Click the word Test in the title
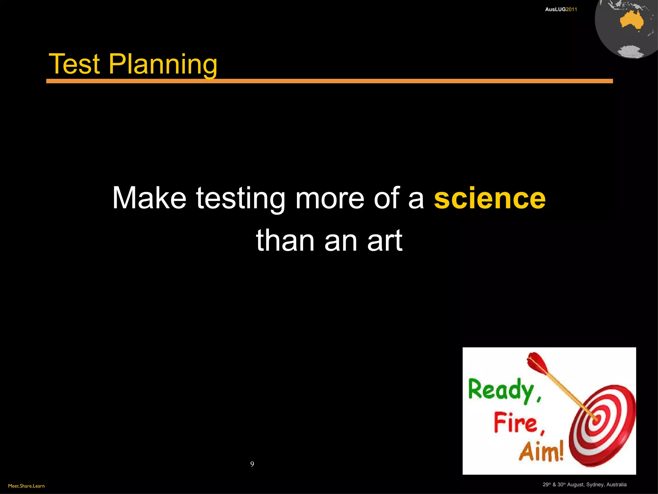pyautogui.click(x=74, y=64)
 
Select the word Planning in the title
pyautogui.click(x=163, y=65)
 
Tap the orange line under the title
pyautogui.click(x=329, y=81)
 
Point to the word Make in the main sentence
pyautogui.click(x=149, y=198)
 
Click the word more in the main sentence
pyautogui.click(x=330, y=199)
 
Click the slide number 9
pyautogui.click(x=252, y=464)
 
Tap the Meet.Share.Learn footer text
pyautogui.click(x=26, y=486)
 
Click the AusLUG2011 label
pyautogui.click(x=561, y=9)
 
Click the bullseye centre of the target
pyautogui.click(x=596, y=419)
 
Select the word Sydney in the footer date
pyautogui.click(x=593, y=485)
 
